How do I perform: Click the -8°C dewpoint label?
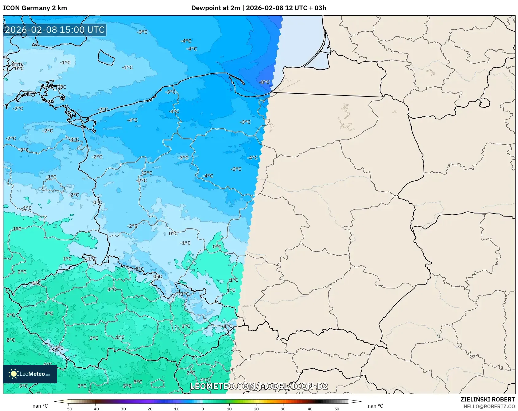[264, 82]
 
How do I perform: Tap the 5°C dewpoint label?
[138, 382]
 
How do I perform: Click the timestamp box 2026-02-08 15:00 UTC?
[55, 30]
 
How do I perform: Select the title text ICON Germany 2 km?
[35, 8]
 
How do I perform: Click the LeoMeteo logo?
[30, 374]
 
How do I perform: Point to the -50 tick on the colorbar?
[68, 409]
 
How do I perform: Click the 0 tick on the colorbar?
[203, 409]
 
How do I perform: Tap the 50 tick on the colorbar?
[337, 409]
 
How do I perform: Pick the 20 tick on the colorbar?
[256, 409]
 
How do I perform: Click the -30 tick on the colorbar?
[122, 409]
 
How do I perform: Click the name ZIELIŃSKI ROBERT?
[487, 399]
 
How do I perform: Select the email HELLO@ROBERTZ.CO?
[489, 406]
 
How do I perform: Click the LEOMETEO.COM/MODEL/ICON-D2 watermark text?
[259, 386]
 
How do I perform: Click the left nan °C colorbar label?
[40, 406]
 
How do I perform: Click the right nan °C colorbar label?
[376, 406]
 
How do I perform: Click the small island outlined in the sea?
[106, 57]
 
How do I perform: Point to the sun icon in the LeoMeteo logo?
[13, 374]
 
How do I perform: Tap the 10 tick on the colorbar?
[229, 409]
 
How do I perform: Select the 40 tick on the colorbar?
[310, 409]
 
